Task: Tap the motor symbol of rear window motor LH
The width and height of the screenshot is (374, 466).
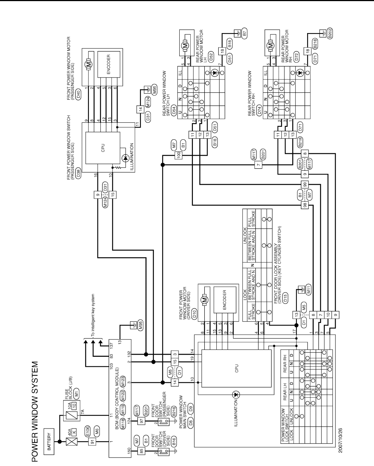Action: (185, 46)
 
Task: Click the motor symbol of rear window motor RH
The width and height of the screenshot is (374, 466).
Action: (271, 46)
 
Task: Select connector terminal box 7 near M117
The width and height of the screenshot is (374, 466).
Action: (259, 165)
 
